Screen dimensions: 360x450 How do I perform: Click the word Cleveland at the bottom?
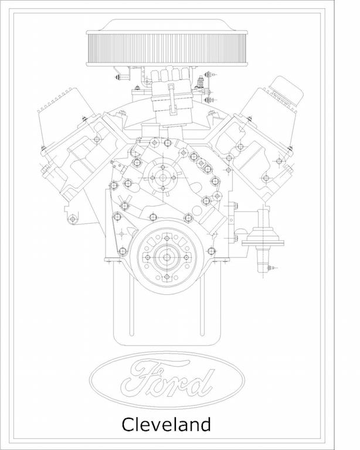pyautogui.click(x=166, y=425)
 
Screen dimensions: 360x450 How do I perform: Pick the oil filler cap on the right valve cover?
pyautogui.click(x=286, y=91)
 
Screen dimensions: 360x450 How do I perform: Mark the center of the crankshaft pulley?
pyautogui.click(x=167, y=257)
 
